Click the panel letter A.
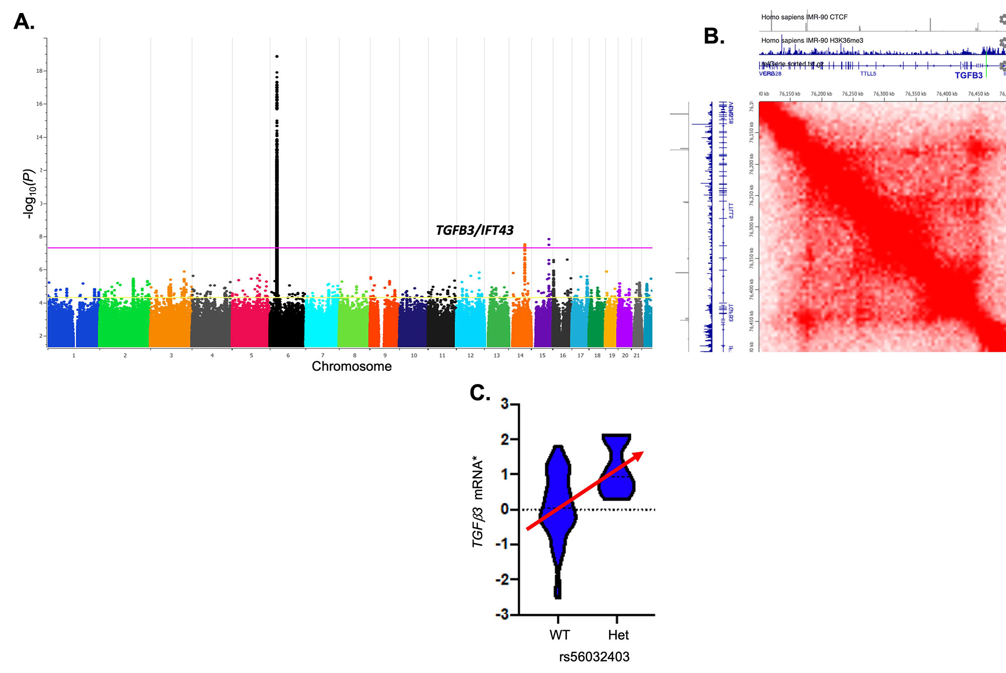click(24, 22)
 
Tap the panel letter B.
click(714, 36)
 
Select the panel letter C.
click(480, 393)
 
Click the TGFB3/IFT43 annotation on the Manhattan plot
click(474, 230)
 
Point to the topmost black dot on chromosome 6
click(277, 56)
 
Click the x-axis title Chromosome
click(352, 366)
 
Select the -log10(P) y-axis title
click(29, 194)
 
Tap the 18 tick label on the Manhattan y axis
click(39, 71)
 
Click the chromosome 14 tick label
click(520, 355)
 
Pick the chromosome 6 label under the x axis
click(288, 355)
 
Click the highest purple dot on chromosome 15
click(549, 239)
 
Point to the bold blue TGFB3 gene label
click(968, 75)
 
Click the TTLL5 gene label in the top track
click(868, 74)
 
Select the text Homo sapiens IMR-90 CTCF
click(804, 17)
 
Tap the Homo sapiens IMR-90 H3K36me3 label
click(812, 41)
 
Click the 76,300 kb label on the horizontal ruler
click(884, 94)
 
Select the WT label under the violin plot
click(559, 635)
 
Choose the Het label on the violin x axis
click(618, 635)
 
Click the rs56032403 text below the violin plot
click(594, 657)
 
